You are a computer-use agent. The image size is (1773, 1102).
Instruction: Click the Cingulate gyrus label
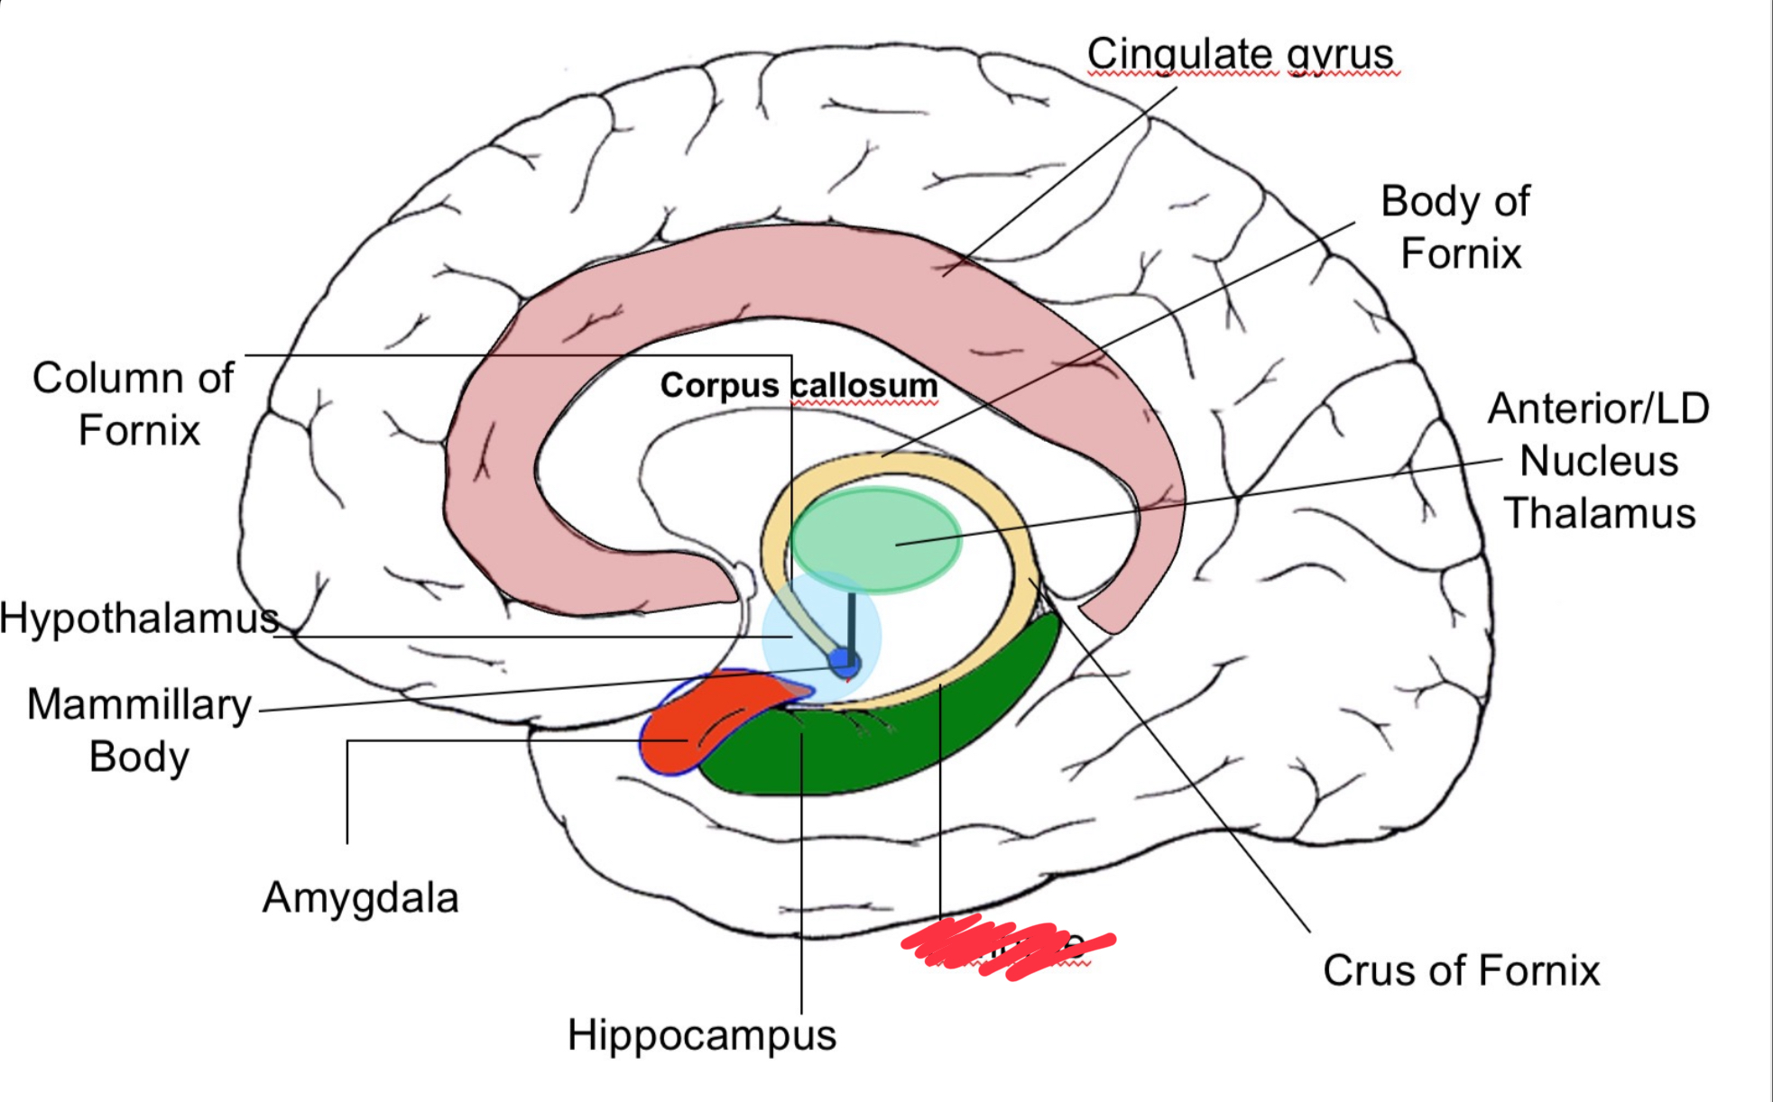point(1240,54)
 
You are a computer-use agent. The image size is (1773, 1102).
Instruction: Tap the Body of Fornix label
point(1456,226)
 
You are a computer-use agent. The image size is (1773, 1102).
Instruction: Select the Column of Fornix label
point(134,403)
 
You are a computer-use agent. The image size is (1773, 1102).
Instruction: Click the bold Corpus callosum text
point(799,385)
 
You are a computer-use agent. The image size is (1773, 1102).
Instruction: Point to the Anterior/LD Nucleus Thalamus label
point(1598,461)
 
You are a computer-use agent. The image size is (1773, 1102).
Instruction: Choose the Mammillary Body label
point(139,730)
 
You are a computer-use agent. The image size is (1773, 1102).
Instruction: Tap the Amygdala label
point(360,897)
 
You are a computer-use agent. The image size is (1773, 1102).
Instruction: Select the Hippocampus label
point(701,1034)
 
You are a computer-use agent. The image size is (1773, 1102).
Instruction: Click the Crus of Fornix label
point(1461,970)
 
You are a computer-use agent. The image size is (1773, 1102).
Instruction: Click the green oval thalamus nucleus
point(875,539)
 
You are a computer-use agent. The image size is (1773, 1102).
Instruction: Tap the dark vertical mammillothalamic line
point(851,622)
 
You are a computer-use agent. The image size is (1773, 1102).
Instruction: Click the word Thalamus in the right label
point(1598,513)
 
